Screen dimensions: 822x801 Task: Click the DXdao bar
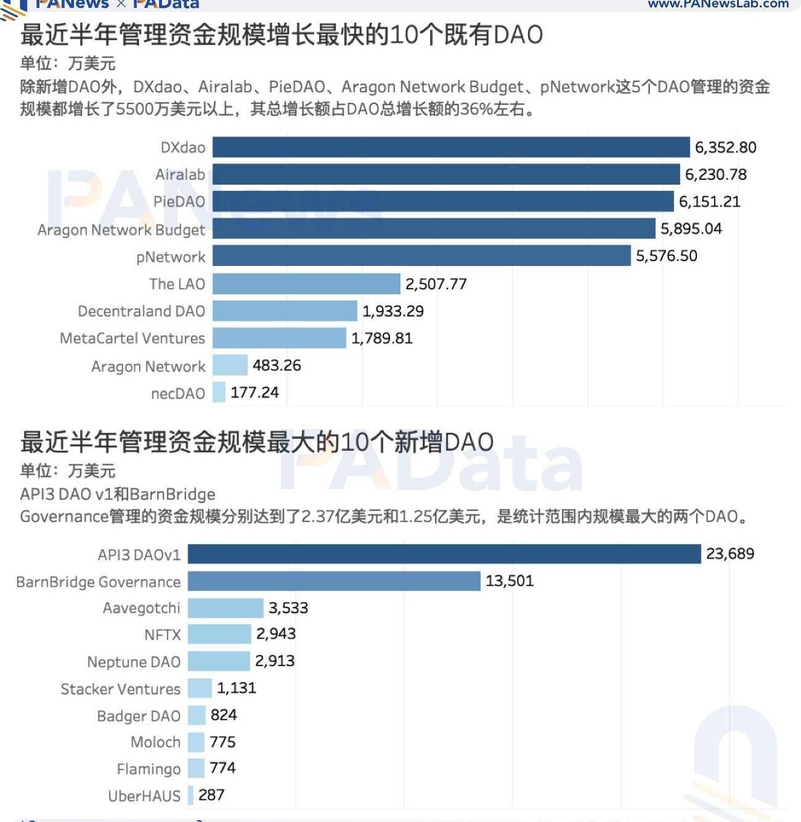[x=451, y=147]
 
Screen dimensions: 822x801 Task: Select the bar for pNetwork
[x=421, y=256]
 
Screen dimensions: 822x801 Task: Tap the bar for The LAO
[x=306, y=284]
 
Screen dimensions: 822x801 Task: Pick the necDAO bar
[x=219, y=392]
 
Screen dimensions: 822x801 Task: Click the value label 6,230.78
[x=715, y=175]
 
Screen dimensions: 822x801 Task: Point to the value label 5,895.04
[x=691, y=229]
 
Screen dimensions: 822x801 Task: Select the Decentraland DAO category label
[x=141, y=312]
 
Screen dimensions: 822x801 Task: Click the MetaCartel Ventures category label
[x=132, y=339]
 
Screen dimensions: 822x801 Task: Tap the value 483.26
[x=277, y=366]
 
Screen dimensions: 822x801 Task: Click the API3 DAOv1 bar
[x=444, y=554]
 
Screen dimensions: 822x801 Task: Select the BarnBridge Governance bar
[x=334, y=581]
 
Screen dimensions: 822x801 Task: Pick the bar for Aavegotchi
[x=226, y=608]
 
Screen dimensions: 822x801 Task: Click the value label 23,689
[x=730, y=554]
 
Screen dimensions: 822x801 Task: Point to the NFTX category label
[x=163, y=635]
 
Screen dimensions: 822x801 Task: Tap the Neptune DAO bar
[x=219, y=661]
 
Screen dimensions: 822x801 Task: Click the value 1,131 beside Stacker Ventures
[x=236, y=688]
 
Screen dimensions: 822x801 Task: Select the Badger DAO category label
[x=139, y=716]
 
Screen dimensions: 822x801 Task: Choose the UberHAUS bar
[x=191, y=795]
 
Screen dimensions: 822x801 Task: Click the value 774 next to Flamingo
[x=222, y=768]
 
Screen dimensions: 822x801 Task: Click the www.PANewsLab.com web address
[x=718, y=4]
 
